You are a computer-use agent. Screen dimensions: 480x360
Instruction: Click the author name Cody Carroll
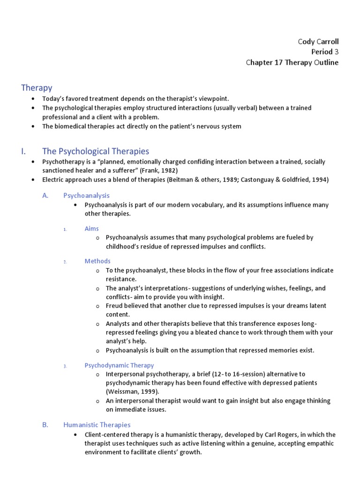[x=318, y=42]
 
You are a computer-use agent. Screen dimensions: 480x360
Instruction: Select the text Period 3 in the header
[x=324, y=52]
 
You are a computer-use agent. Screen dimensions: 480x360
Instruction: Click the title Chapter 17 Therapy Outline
[x=292, y=62]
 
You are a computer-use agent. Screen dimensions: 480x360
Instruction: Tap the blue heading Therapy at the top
[x=37, y=88]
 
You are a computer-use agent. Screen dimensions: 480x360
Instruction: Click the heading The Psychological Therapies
[x=96, y=151]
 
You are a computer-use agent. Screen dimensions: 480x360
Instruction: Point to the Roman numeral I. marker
[x=24, y=151]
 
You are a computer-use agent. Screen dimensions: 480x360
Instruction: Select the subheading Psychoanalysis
[x=86, y=195]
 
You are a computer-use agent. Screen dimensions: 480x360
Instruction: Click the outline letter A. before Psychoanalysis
[x=45, y=195]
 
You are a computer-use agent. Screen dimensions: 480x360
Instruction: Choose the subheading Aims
[x=92, y=228]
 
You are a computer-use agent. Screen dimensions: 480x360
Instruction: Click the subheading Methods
[x=97, y=261]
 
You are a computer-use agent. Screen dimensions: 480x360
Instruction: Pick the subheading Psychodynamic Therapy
[x=119, y=365]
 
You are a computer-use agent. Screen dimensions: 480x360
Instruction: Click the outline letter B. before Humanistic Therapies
[x=45, y=425]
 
